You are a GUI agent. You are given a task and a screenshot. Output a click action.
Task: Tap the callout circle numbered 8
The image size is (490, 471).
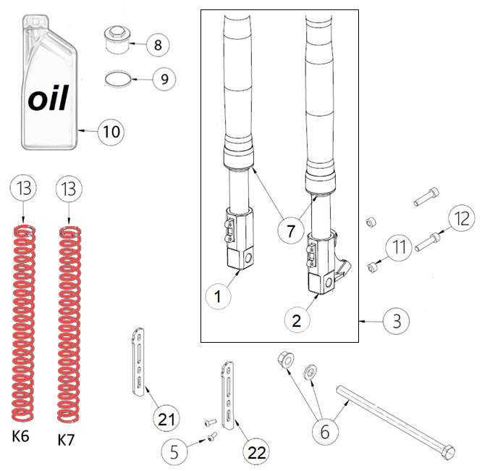pos(157,44)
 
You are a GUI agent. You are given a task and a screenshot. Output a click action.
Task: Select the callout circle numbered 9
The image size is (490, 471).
pos(164,78)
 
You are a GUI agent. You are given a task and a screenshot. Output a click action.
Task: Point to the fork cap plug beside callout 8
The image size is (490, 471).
pos(117,40)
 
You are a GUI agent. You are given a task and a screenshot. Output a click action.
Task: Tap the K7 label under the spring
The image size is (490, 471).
pos(66,439)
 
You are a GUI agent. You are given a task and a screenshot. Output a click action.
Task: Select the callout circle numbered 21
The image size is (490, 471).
pos(166,418)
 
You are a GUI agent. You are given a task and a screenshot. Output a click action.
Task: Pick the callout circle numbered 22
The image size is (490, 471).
pos(255,452)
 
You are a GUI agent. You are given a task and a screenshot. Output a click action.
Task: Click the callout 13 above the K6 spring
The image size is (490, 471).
pos(23,189)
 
